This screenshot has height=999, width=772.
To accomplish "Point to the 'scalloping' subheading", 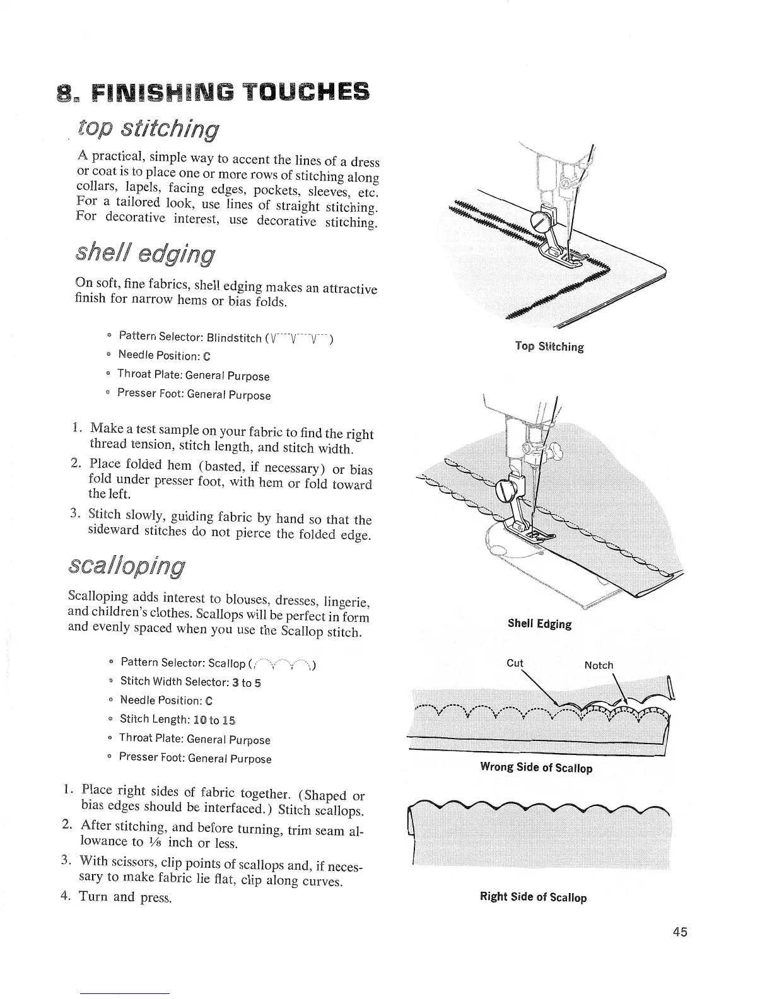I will [127, 566].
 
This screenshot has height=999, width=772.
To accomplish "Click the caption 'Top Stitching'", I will [549, 346].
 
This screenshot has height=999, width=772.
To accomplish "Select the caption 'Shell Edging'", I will [539, 624].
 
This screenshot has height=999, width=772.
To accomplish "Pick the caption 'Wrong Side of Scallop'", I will [536, 768].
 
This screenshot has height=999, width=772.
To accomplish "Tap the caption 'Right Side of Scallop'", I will [533, 897].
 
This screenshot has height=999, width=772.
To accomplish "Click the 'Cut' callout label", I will [515, 663].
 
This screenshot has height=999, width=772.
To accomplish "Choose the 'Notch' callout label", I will [599, 665].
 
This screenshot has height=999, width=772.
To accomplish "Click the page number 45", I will [679, 932].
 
